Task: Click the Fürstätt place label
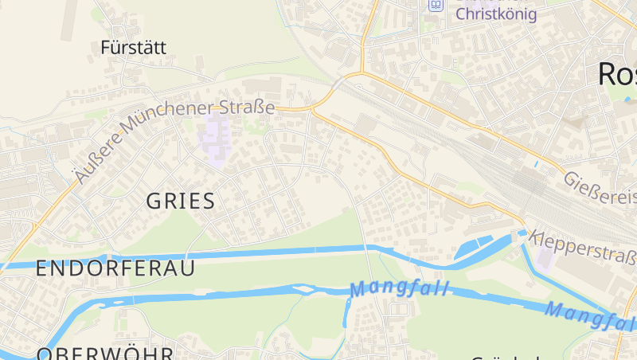pos(134,48)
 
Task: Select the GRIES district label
pos(181,201)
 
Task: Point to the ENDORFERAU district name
pos(115,268)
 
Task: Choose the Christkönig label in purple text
pos(496,14)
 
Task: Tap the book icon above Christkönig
pos(436,5)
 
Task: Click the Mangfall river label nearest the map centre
pos(399,289)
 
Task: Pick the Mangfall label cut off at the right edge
pos(589,316)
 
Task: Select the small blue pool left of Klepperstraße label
pos(522,233)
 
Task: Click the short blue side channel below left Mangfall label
pos(346,312)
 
